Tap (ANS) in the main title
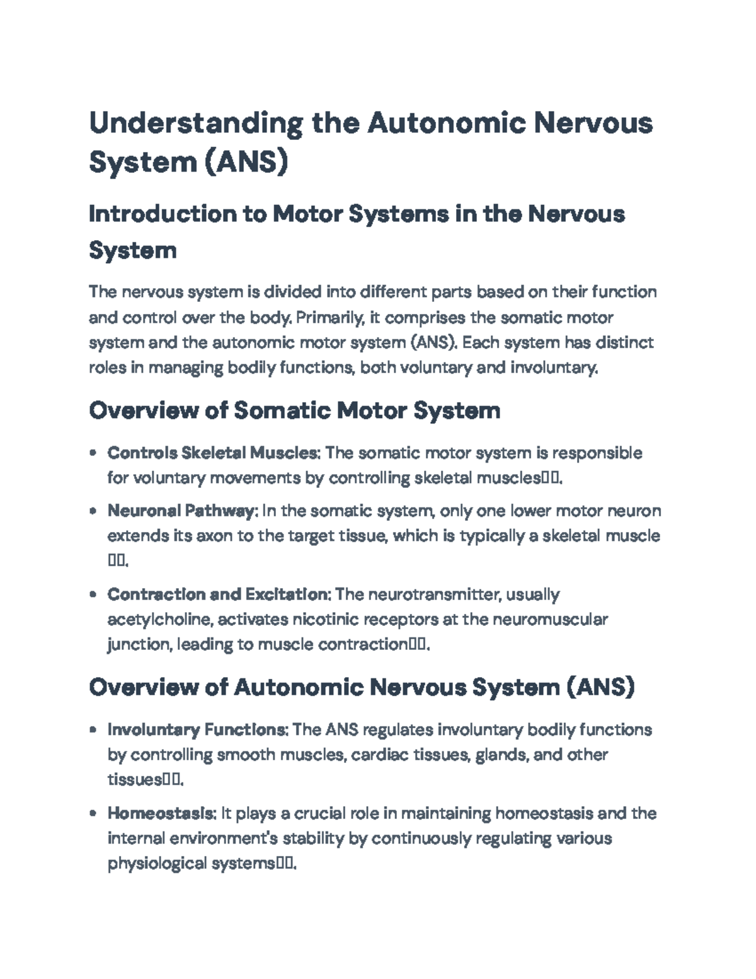click(246, 161)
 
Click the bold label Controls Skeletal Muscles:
click(214, 453)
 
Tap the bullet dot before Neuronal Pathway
click(93, 511)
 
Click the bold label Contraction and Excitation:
click(219, 594)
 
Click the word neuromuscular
click(550, 620)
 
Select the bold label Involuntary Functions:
click(198, 730)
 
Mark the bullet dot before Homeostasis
click(93, 814)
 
